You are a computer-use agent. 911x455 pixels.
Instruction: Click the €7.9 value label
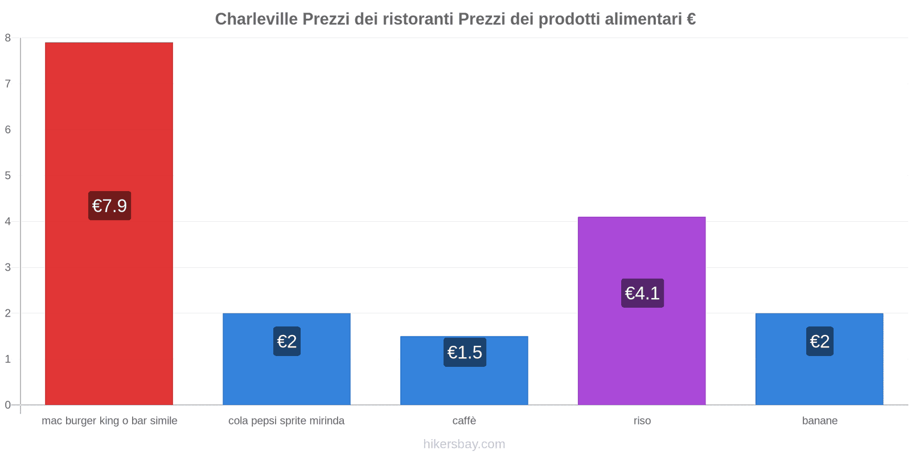(x=109, y=206)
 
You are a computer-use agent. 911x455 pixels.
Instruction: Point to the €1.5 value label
(x=465, y=353)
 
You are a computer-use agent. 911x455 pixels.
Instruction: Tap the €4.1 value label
(x=642, y=293)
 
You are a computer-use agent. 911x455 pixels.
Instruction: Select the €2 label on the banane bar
(x=819, y=341)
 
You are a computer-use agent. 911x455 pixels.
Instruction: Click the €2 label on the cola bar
(x=286, y=341)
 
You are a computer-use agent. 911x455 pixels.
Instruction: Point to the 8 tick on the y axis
(x=8, y=38)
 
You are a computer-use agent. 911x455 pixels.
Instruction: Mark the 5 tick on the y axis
(x=8, y=176)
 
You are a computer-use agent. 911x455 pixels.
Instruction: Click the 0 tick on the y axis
(x=8, y=405)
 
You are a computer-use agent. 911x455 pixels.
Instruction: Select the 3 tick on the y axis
(x=8, y=267)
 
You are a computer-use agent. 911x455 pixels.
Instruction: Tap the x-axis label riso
(x=642, y=421)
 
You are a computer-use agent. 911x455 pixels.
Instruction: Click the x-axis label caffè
(x=464, y=421)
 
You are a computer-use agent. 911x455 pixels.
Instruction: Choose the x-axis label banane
(x=819, y=421)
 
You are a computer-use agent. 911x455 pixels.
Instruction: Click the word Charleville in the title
(x=256, y=19)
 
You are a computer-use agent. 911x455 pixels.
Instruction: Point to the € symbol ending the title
(x=691, y=19)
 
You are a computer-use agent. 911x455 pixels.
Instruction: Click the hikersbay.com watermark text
(x=464, y=444)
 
